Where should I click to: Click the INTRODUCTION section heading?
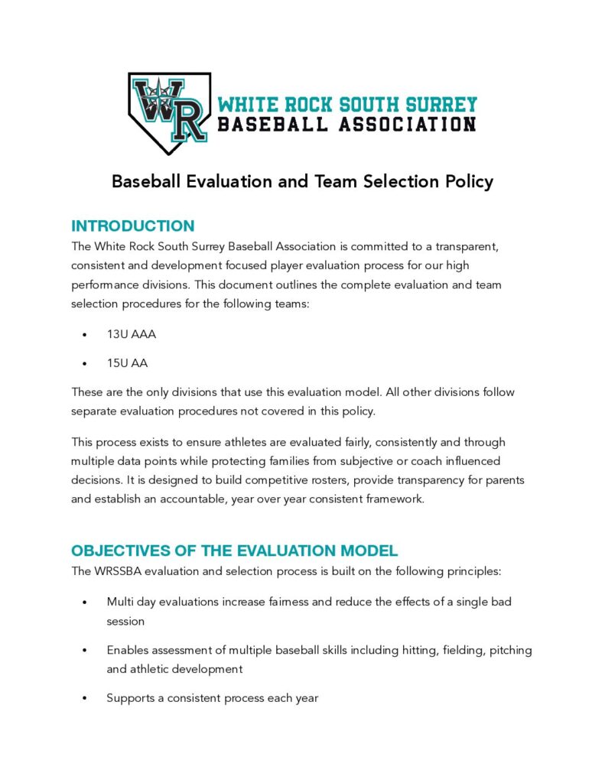coord(132,226)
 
